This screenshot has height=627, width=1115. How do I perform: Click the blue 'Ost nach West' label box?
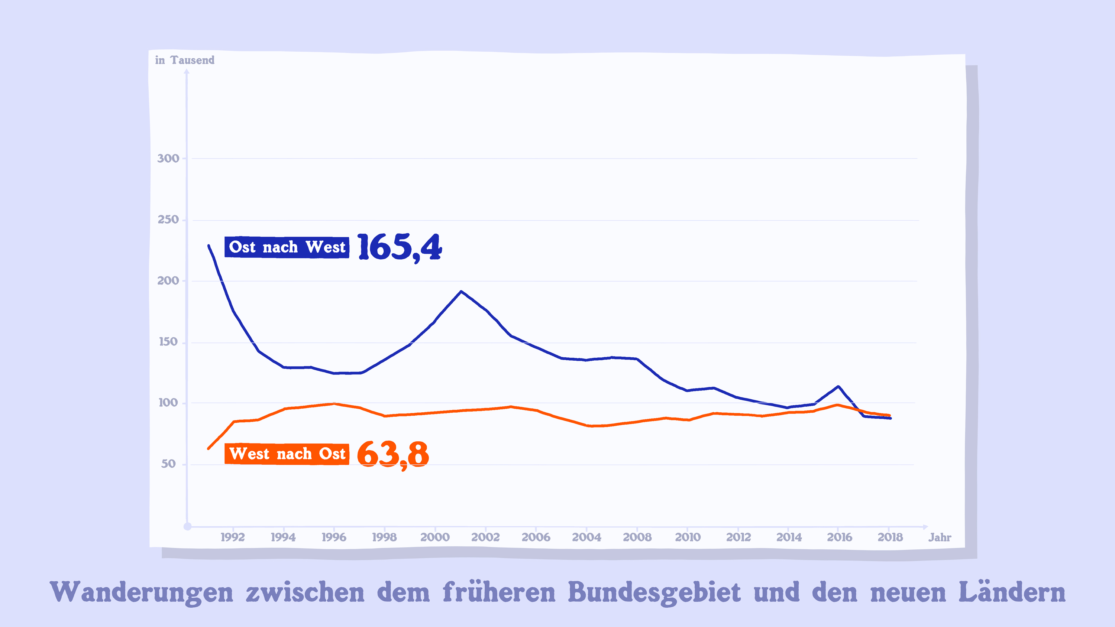(287, 247)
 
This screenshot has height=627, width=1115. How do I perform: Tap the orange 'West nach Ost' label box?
(287, 454)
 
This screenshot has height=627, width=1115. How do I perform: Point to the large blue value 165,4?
(399, 247)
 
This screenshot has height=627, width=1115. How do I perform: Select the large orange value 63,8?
(392, 454)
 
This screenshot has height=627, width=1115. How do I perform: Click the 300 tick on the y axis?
(168, 158)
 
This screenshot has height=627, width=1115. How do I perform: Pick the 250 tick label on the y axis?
(168, 220)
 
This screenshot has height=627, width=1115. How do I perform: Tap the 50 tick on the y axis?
(168, 464)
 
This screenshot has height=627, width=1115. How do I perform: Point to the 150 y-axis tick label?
(168, 342)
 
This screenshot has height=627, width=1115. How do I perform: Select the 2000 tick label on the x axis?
(435, 537)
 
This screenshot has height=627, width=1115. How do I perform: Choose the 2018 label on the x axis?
(890, 537)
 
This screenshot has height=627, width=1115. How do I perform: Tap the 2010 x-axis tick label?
(688, 537)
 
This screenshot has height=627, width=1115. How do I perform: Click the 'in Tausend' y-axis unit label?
(185, 60)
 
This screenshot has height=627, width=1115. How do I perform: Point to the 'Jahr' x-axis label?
(939, 537)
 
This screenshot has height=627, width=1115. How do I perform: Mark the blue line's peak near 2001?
(461, 292)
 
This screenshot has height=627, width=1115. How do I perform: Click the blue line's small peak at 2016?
(838, 386)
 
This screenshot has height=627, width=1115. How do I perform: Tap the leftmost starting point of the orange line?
(209, 448)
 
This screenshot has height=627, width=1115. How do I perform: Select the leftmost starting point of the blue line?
(209, 246)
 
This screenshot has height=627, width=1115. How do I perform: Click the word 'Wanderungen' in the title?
(142, 592)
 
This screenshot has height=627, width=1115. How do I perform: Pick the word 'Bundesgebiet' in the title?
(654, 592)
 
